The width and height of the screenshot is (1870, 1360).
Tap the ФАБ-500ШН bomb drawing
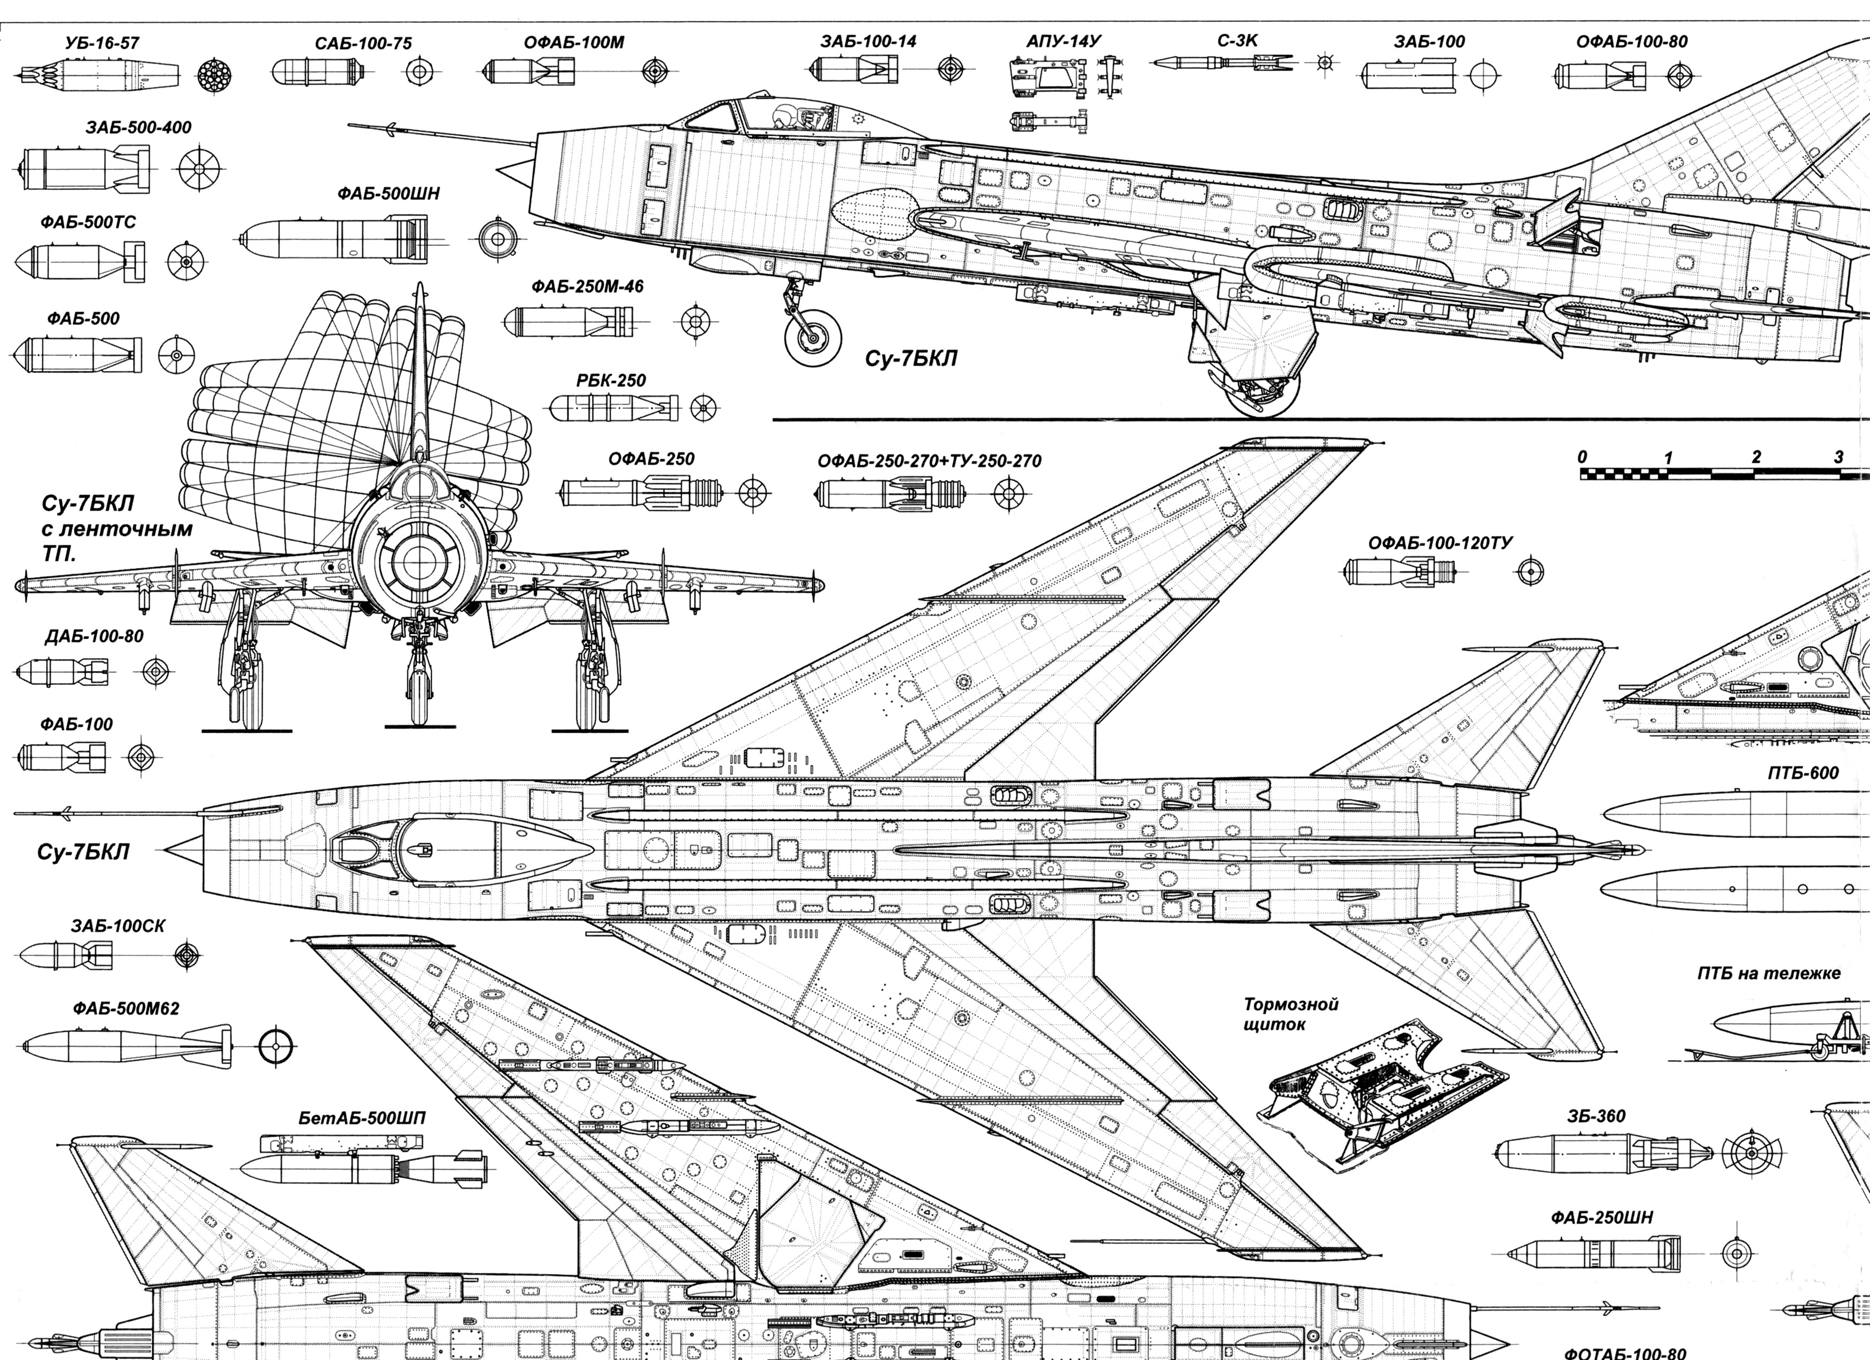pos(334,239)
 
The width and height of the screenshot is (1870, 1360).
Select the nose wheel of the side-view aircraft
pos(813,337)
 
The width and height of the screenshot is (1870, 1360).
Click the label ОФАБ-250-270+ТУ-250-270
pos(929,461)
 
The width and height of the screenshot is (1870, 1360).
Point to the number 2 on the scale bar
pos(1756,457)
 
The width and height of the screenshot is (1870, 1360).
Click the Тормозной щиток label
pos(1290,1014)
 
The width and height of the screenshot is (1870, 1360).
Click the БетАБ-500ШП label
pos(362,1119)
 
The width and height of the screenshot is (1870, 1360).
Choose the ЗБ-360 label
pos(1596,1117)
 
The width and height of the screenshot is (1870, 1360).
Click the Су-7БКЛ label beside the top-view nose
pos(83,852)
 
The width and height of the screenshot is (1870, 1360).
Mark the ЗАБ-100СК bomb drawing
pos(66,956)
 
